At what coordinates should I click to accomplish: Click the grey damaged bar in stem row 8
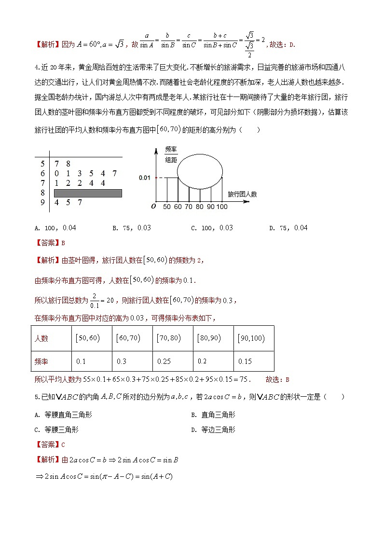point(88,193)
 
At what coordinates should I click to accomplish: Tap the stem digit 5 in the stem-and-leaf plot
point(42,164)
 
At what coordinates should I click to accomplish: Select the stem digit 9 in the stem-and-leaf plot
point(42,203)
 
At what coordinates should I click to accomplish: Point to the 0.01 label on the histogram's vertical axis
point(145,178)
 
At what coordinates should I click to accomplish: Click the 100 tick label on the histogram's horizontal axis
point(222,207)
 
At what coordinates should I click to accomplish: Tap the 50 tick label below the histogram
point(167,207)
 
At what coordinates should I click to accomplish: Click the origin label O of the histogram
point(153,207)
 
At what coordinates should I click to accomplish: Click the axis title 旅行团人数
point(242,194)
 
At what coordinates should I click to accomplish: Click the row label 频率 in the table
point(41,361)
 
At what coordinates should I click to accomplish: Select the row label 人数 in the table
point(41,338)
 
